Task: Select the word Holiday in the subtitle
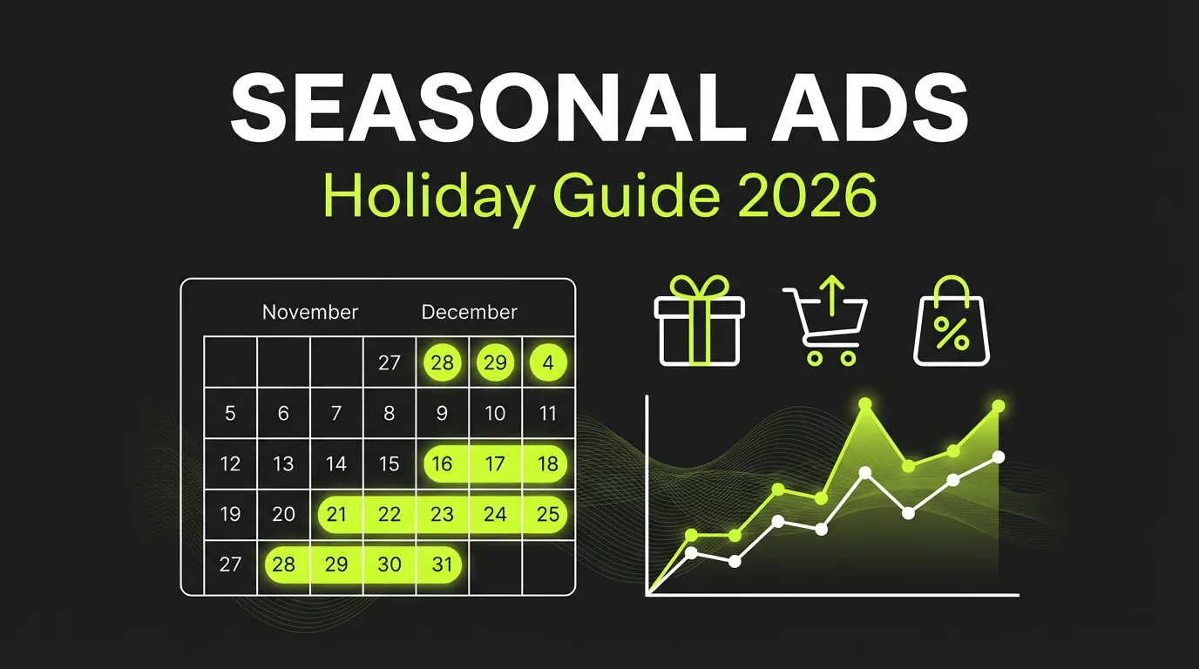point(426,198)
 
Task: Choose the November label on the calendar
point(310,312)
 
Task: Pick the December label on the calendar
point(469,312)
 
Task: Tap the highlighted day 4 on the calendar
point(548,362)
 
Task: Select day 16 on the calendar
point(443,463)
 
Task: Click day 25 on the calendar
point(548,514)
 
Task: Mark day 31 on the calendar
point(443,564)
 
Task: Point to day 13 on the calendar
point(283,463)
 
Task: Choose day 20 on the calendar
point(283,514)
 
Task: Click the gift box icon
point(700,321)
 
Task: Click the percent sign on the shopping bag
point(951,334)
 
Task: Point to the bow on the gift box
point(700,287)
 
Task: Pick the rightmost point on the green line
point(999,407)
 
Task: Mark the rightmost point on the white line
point(999,456)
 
